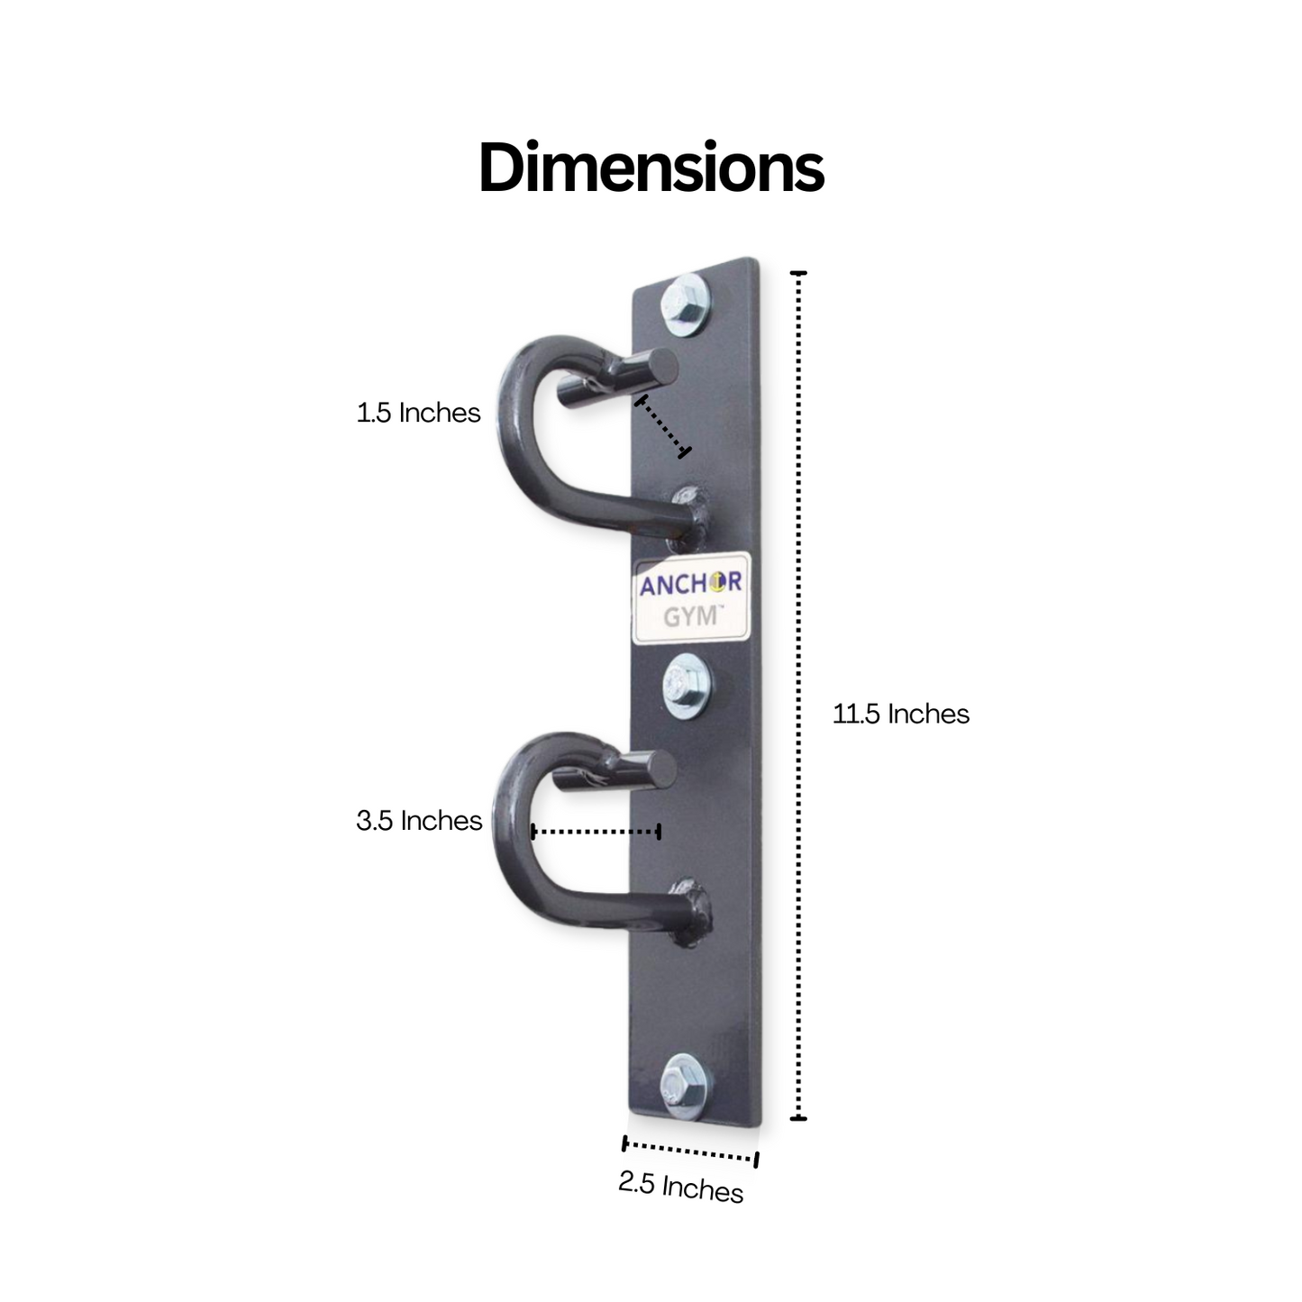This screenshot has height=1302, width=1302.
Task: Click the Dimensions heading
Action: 651,168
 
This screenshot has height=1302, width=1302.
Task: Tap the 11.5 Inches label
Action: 900,714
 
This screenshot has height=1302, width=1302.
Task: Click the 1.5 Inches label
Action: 418,413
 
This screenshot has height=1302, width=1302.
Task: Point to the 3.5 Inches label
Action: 419,820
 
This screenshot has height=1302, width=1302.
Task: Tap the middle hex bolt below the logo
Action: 686,687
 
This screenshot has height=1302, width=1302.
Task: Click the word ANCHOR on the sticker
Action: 690,584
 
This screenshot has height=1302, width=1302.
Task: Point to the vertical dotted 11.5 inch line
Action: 798,694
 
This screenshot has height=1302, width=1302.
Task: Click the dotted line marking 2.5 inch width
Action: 689,1152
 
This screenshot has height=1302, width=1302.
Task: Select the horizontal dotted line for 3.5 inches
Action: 596,831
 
